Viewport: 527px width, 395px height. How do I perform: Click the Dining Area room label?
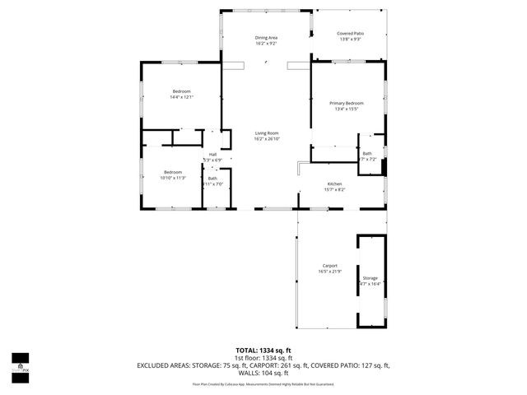pos(266,38)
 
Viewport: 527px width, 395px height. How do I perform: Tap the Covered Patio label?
pos(350,33)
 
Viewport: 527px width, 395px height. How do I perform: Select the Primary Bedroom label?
pos(346,103)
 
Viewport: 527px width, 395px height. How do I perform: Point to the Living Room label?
pos(266,133)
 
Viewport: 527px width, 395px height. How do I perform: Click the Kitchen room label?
pos(334,184)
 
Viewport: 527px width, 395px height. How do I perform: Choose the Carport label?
pos(329,266)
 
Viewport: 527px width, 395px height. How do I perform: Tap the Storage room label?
pos(371,278)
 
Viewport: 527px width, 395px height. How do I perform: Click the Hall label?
pos(212,154)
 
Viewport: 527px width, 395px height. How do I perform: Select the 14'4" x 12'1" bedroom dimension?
pos(181,98)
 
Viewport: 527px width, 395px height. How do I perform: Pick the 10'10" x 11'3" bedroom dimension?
pos(173,178)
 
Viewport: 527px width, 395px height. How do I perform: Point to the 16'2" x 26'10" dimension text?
pos(266,139)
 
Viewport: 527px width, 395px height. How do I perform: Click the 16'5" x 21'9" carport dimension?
pos(329,272)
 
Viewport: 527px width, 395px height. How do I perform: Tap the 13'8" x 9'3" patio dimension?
pos(350,39)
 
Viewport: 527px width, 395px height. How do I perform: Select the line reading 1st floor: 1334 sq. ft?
pos(263,358)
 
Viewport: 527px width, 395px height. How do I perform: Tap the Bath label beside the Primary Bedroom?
pos(367,153)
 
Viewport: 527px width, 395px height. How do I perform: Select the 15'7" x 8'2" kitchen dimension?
pos(334,189)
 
